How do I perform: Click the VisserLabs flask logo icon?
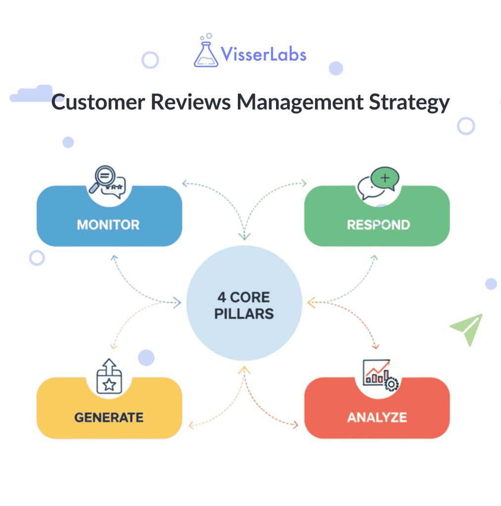[x=206, y=52]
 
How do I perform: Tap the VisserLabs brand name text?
[x=264, y=54]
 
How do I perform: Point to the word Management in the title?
[x=299, y=103]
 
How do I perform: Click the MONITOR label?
[x=108, y=225]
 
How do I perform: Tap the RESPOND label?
[x=378, y=225]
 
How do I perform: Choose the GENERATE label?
[x=109, y=418]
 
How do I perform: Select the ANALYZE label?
[x=377, y=418]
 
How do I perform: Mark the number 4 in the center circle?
[x=222, y=298]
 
